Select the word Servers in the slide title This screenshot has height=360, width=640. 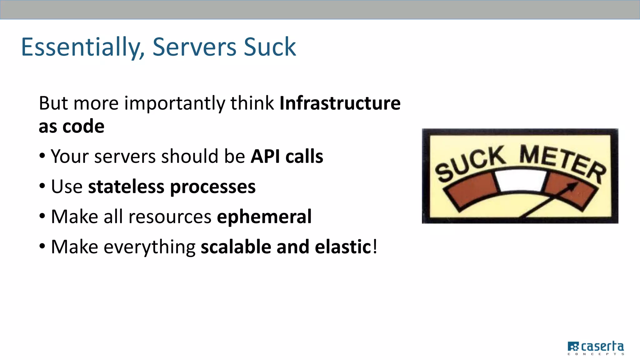[x=194, y=47]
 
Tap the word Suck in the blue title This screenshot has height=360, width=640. [x=270, y=47]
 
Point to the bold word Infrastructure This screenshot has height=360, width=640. [x=340, y=103]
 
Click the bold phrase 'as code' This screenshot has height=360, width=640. [x=72, y=126]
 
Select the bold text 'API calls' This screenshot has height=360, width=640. [x=287, y=156]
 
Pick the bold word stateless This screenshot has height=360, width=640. [x=126, y=187]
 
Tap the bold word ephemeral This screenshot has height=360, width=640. [x=264, y=217]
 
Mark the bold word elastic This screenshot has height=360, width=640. [x=343, y=247]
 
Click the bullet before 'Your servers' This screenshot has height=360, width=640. [x=42, y=156]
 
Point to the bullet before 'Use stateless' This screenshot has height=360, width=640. [x=42, y=186]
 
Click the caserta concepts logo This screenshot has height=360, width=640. [x=596, y=348]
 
